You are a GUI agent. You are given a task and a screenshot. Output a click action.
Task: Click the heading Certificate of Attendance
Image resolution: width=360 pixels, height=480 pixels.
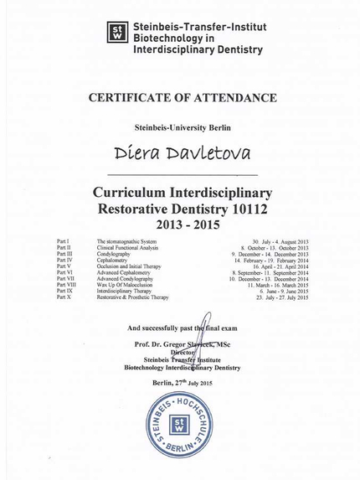click(x=179, y=99)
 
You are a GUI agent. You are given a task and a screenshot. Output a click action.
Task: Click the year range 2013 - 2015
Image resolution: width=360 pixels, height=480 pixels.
click(x=179, y=225)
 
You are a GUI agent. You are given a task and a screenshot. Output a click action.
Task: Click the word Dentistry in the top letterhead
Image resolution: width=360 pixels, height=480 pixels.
click(x=237, y=49)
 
